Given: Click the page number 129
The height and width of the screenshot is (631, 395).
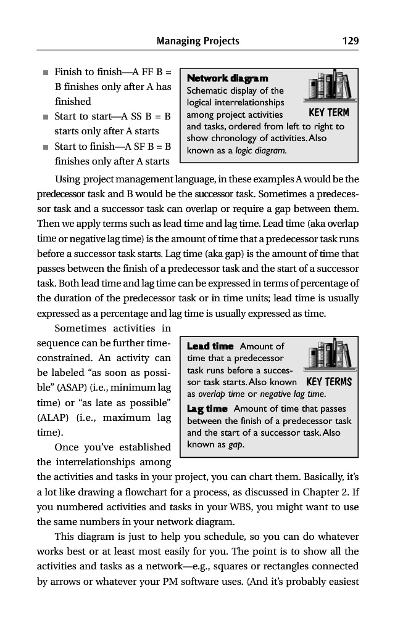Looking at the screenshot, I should coord(351,41).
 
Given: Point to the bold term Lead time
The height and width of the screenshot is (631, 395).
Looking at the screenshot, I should coord(210,346).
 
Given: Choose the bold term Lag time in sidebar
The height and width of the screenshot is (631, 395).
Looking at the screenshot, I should coord(207,409).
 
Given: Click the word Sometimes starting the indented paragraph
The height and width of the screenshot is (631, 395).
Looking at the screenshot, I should coord(84,328).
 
